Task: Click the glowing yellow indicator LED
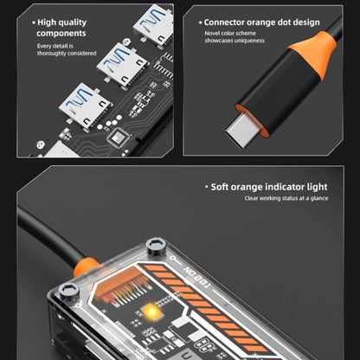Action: click(151, 312)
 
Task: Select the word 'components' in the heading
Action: click(61, 34)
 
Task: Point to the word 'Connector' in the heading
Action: click(224, 22)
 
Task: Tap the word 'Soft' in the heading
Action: click(220, 187)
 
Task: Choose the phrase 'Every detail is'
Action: click(55, 46)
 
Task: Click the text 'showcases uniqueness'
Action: click(235, 41)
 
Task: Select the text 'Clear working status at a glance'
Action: click(286, 198)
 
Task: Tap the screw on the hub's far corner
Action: click(156, 247)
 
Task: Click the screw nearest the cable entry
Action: click(69, 292)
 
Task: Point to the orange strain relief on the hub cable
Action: click(86, 267)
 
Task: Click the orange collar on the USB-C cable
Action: click(314, 54)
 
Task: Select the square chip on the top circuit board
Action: click(119, 138)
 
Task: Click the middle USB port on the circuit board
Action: click(122, 65)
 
